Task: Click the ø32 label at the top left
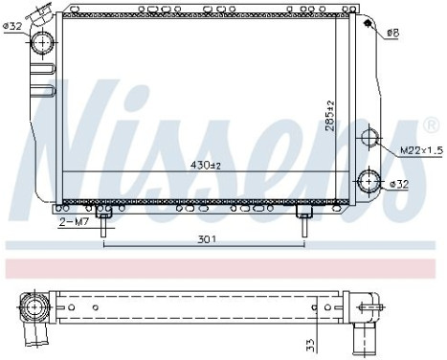coord(14,26)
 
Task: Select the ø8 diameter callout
coord(392,35)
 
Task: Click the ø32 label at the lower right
coord(401,182)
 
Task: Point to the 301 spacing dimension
coord(204,238)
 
